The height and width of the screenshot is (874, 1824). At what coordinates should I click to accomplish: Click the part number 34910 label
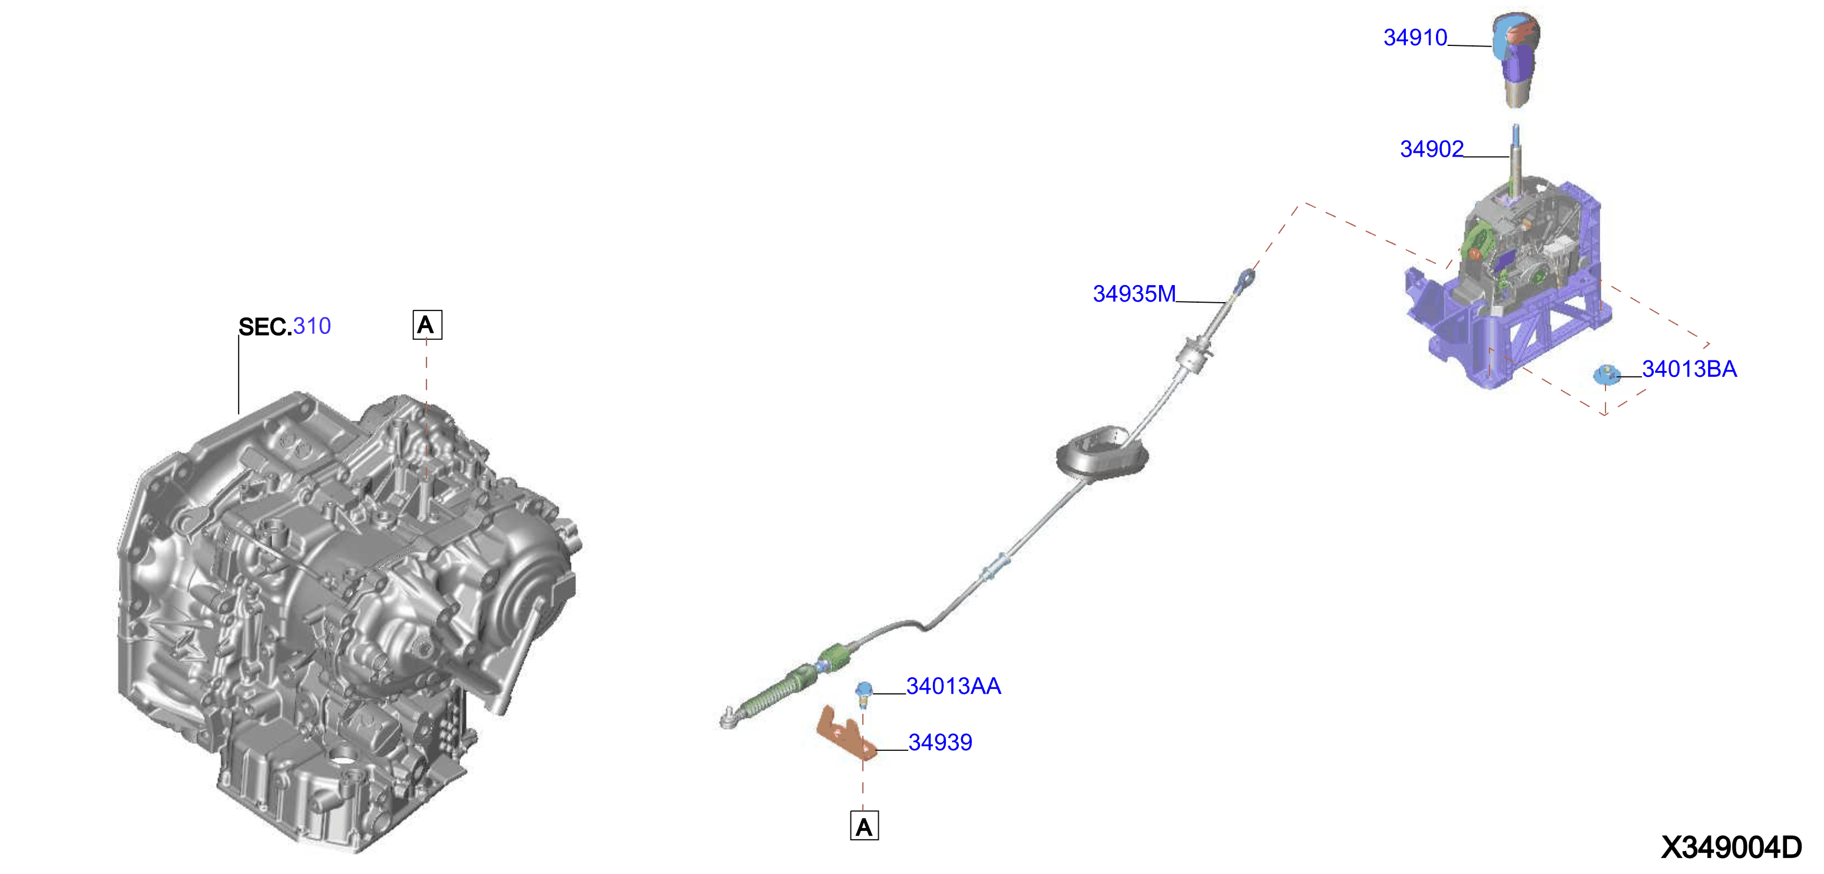pos(1415,38)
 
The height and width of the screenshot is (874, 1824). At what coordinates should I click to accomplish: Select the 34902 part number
pos(1431,149)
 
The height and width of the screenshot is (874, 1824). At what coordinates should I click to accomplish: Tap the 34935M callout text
pos(1134,293)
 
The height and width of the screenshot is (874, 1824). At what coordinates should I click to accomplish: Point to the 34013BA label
pos(1689,369)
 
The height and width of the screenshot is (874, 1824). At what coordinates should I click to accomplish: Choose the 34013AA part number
pos(953,686)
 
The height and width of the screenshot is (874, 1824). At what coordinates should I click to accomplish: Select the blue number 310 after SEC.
pos(312,326)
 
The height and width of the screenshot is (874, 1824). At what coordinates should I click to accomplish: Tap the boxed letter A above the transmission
pos(427,325)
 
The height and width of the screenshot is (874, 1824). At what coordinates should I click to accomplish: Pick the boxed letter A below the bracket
pos(864,826)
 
